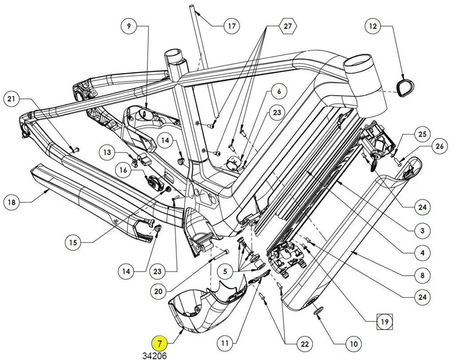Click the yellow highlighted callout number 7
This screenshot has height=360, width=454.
(x=161, y=344)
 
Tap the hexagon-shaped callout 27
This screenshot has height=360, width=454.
(x=287, y=27)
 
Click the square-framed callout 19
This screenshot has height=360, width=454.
(x=385, y=322)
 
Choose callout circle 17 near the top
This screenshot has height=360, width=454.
(x=232, y=27)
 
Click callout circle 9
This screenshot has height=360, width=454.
(x=129, y=27)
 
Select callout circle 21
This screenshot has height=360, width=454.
(x=11, y=100)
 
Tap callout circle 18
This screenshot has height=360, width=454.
(x=11, y=201)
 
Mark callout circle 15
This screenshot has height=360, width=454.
(x=73, y=242)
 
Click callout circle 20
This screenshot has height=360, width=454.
(x=158, y=291)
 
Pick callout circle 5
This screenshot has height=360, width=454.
(x=226, y=271)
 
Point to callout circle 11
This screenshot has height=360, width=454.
(x=226, y=343)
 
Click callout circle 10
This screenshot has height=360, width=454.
(x=353, y=344)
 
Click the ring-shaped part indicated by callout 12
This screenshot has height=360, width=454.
(x=404, y=86)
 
